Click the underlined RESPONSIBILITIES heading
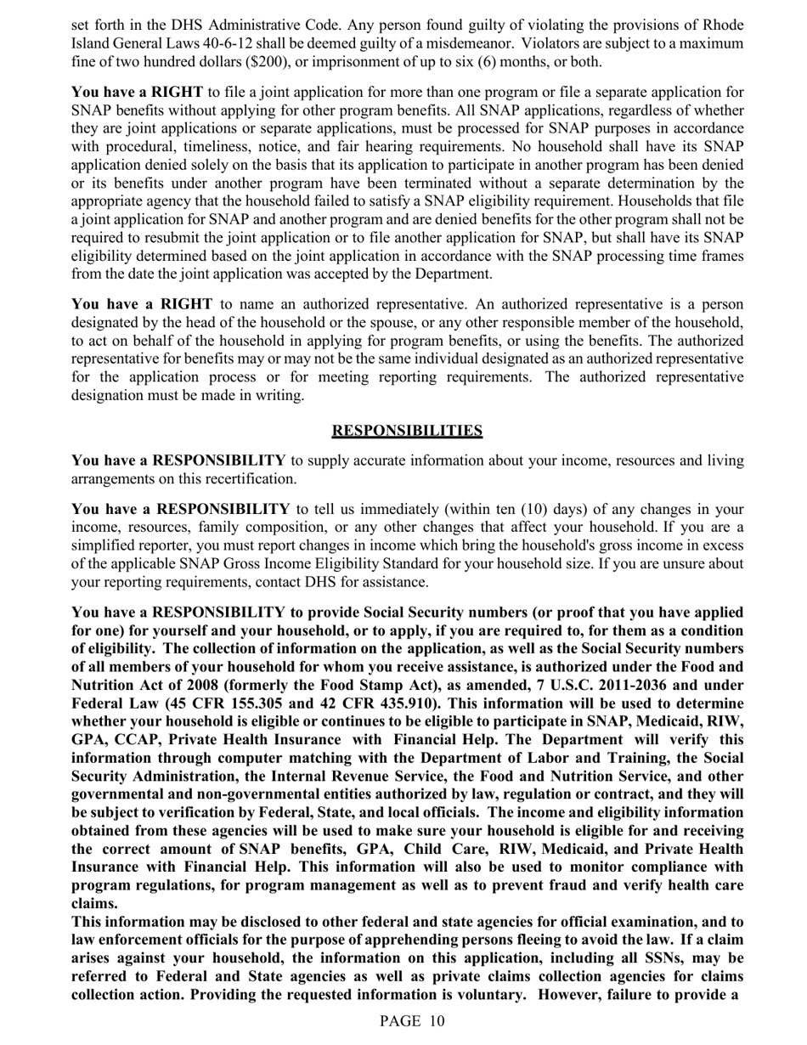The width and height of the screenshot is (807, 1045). [407, 431]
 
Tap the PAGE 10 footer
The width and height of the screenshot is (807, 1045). [412, 1021]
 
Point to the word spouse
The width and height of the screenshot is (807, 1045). [376, 323]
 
